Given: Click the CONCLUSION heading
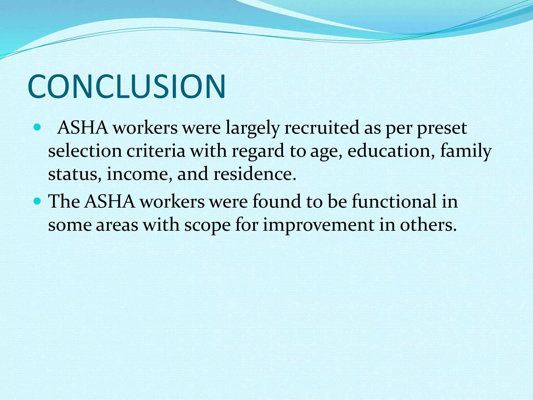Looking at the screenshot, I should [x=126, y=86].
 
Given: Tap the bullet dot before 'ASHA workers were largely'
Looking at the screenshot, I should [x=37, y=128].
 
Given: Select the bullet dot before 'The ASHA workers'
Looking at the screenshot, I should [x=37, y=201].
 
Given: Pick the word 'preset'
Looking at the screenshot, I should [x=442, y=129].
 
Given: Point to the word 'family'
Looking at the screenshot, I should [x=466, y=152].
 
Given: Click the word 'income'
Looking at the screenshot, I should [x=139, y=174].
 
